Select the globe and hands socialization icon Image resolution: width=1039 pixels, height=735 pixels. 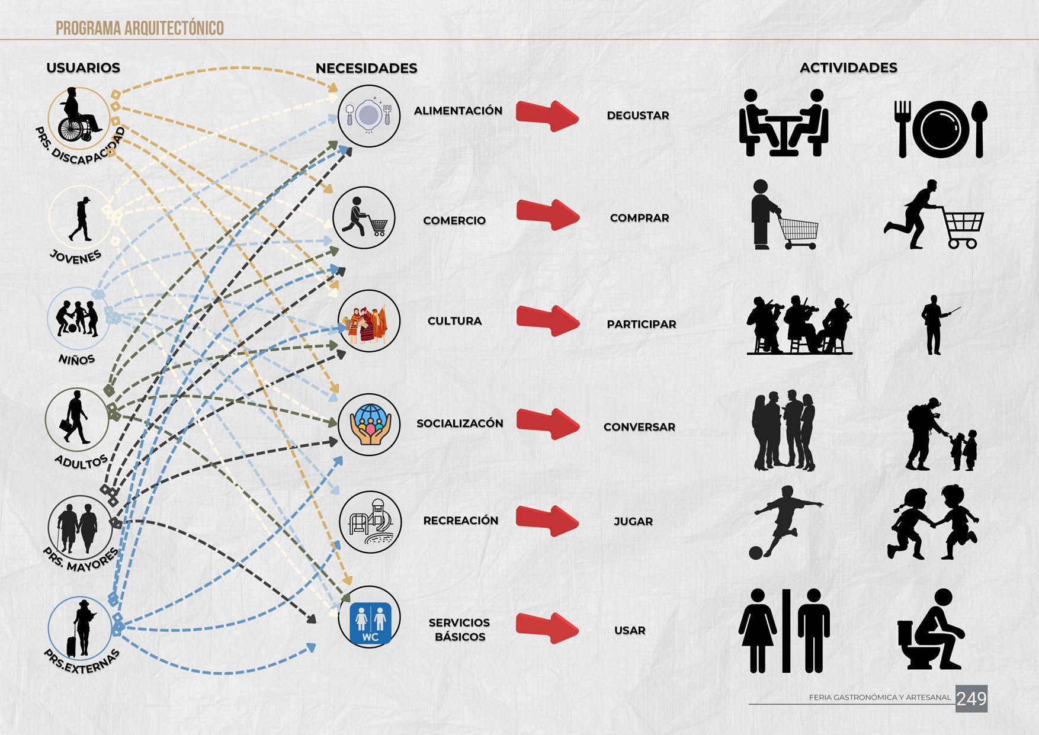369,424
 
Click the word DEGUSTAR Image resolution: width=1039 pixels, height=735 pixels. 637,115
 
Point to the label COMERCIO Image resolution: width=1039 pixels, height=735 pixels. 454,220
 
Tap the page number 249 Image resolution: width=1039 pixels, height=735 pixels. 971,699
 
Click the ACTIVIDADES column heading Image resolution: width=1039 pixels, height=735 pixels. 848,68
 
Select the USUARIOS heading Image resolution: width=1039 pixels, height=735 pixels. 83,68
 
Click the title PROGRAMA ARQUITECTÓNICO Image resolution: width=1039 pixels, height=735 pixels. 139,28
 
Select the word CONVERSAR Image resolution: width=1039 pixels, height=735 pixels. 639,427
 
